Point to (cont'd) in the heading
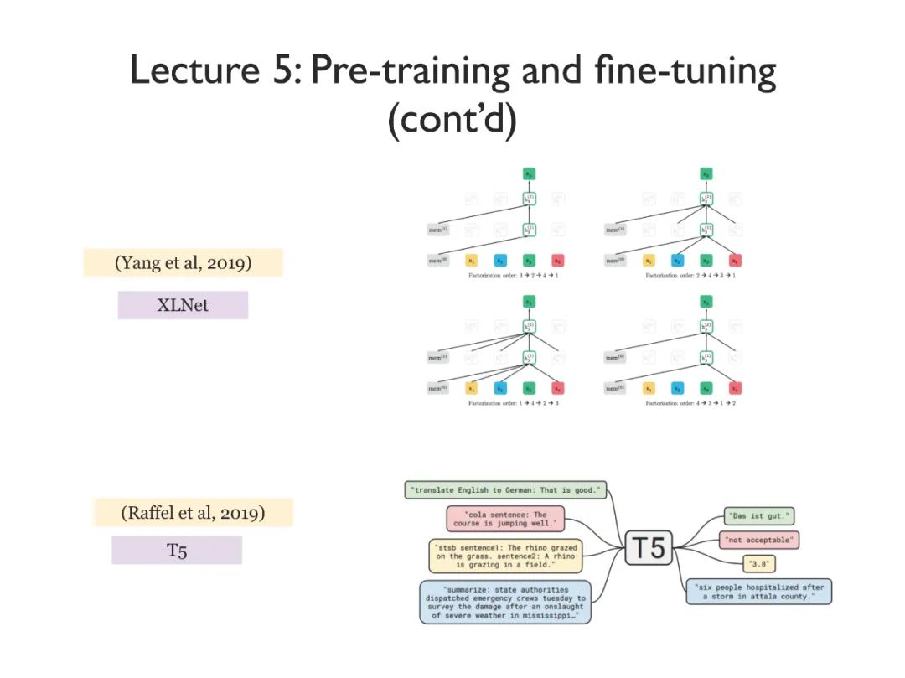coord(452,120)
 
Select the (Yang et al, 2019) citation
coord(184,262)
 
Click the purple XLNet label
coord(183,305)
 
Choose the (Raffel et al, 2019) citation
coord(194,513)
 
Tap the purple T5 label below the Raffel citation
coord(177,551)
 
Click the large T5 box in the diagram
coord(649,548)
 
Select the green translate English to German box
coord(506,490)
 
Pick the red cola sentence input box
coord(505,519)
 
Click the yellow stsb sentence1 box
coord(505,556)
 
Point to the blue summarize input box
coord(505,602)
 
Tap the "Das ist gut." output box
coord(759,516)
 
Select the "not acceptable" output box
coord(758,540)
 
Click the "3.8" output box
coord(756,564)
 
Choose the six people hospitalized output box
coord(758,592)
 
